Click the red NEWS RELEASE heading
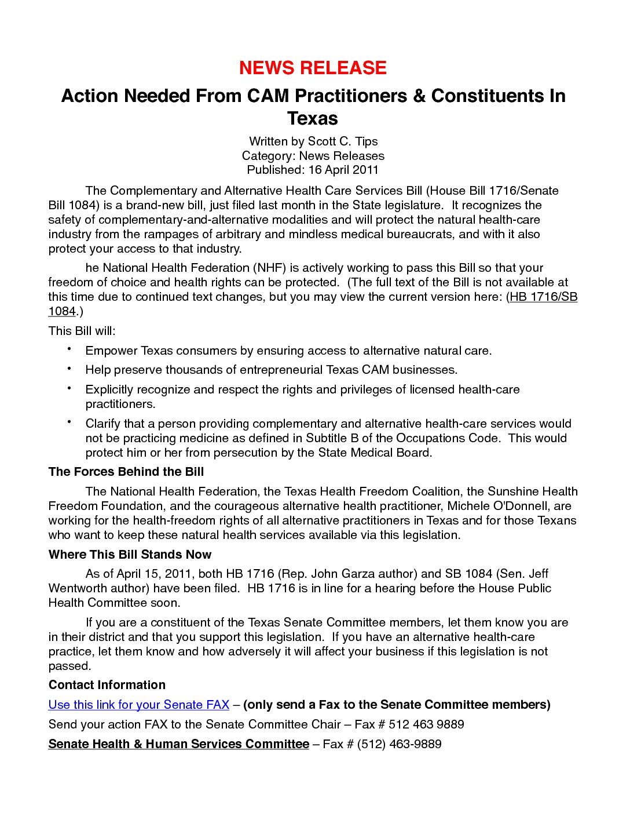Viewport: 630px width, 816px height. pyautogui.click(x=313, y=68)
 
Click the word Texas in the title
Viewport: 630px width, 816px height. pyautogui.click(x=313, y=118)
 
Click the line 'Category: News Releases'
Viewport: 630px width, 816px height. pyautogui.click(x=313, y=156)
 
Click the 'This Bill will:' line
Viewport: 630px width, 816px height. pyautogui.click(x=82, y=331)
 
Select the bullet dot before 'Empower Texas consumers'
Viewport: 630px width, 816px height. pyautogui.click(x=69, y=349)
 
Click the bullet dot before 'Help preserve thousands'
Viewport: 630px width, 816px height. pyautogui.click(x=69, y=368)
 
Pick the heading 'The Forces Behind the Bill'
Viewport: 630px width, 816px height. pyautogui.click(x=126, y=472)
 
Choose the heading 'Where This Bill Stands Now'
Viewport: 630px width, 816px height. pyautogui.click(x=130, y=555)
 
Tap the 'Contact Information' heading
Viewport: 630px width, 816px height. pyautogui.click(x=107, y=685)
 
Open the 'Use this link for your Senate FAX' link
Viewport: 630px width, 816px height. pyautogui.click(x=139, y=705)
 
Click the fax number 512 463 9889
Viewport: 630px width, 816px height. pyautogui.click(x=426, y=724)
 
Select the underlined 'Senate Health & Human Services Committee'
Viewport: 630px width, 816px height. pyautogui.click(x=178, y=744)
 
